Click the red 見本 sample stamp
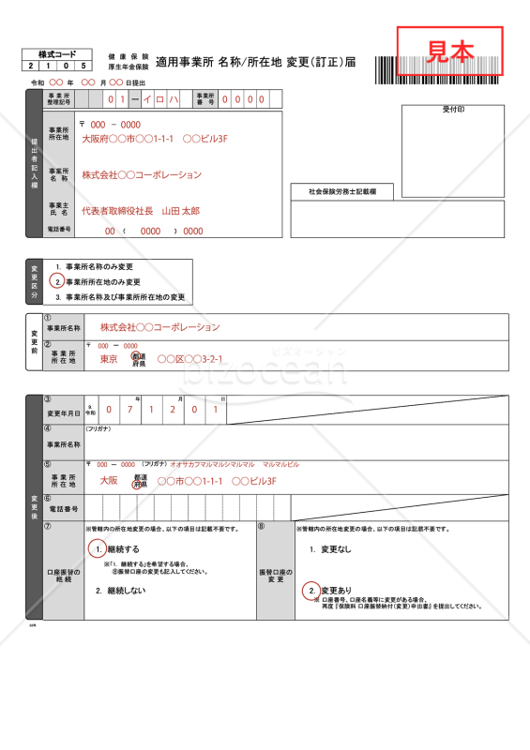pos(450,52)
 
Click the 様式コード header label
pos(57,54)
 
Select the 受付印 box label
pos(453,110)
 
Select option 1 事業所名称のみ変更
pos(94,267)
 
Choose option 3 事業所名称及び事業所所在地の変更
pos(120,296)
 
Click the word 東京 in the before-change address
pos(109,359)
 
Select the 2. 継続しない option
pos(120,591)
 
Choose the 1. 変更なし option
pos(330,548)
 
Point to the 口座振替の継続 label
pos(64,575)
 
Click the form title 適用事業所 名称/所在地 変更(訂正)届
pos(255,62)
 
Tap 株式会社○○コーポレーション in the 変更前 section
pos(159,327)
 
